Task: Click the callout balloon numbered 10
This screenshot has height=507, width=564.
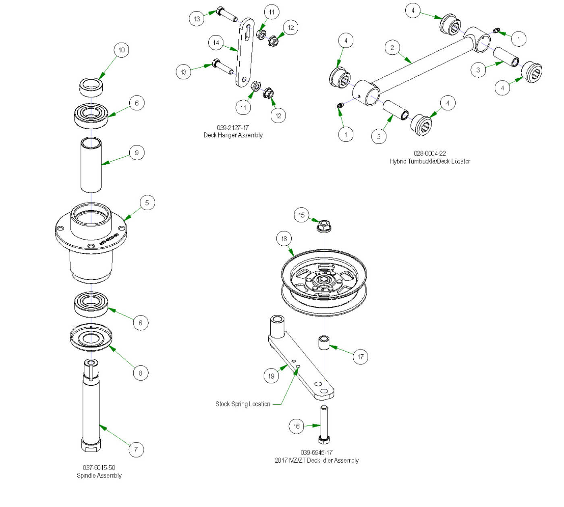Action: coord(122,50)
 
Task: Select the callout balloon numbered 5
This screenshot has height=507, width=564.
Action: coord(147,203)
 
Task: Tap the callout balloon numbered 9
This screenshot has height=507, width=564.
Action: coord(137,153)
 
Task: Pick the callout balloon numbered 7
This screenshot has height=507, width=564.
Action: coord(136,449)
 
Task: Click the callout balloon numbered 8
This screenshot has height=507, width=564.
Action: coord(141,373)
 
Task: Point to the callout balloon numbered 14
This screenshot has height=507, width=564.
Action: coord(216,42)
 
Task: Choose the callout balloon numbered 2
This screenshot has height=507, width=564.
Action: coord(392,47)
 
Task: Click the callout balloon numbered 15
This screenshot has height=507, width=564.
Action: coord(301,215)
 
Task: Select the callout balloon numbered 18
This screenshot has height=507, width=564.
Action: coord(284,238)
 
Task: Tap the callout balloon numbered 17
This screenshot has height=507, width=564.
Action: coord(361,356)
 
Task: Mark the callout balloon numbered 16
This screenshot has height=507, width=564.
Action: coord(297,426)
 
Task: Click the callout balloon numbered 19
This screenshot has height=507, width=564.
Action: coord(271,376)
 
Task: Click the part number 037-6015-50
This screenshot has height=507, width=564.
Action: coord(99,468)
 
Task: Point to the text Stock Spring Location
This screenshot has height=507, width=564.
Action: coord(243,404)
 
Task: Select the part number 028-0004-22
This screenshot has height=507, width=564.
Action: coord(429,153)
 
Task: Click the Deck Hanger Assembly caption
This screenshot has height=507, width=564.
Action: coord(233,135)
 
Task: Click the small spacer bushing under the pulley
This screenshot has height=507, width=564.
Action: coord(324,343)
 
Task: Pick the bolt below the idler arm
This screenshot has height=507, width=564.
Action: coord(324,425)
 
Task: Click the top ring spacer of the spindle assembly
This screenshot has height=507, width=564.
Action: coord(91,87)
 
